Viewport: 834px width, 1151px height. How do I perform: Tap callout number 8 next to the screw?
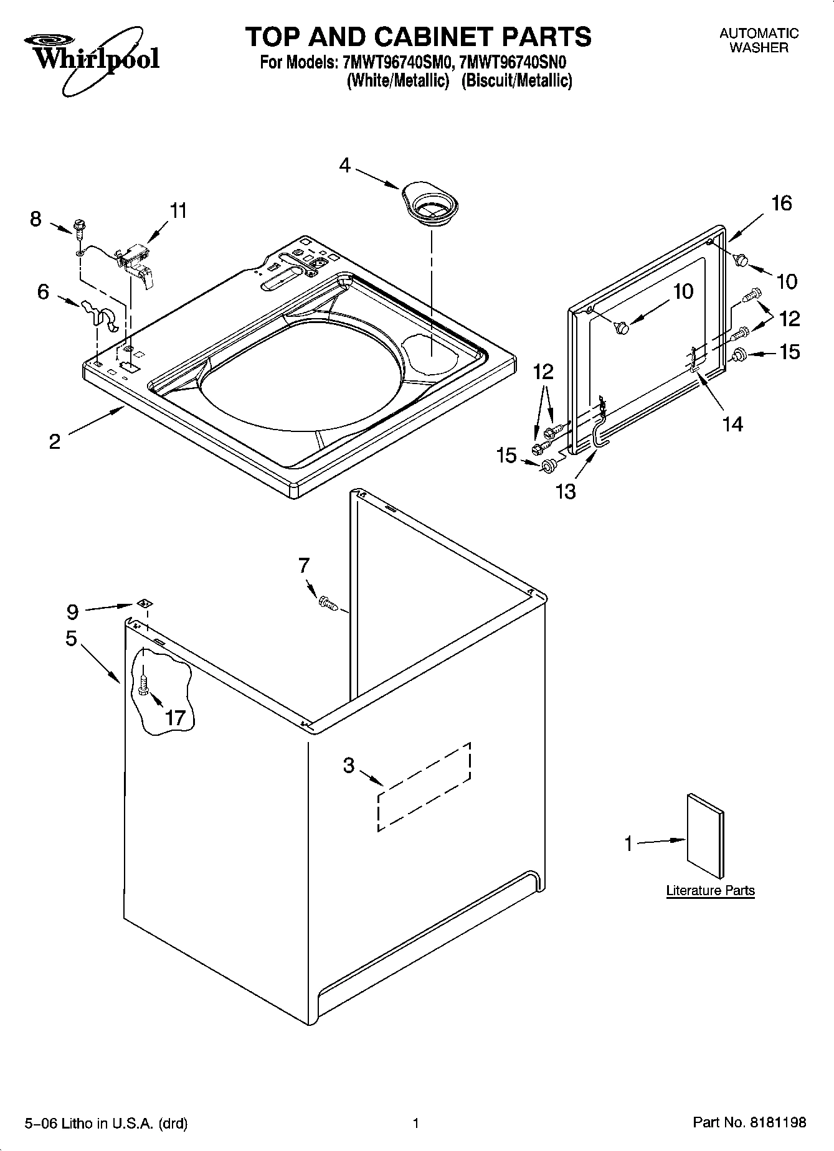tap(36, 218)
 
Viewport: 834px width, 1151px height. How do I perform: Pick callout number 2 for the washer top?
tap(55, 441)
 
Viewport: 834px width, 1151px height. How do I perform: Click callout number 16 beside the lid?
tap(782, 203)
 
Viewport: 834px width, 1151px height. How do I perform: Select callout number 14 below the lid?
tap(732, 424)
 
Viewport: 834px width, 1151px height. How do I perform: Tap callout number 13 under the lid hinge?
tap(566, 491)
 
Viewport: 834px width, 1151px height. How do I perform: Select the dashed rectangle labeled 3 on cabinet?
tap(424, 786)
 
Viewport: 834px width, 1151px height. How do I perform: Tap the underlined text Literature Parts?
tap(710, 890)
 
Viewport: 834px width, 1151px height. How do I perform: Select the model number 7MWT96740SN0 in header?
tap(512, 63)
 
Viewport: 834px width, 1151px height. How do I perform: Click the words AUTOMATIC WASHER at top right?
tap(759, 40)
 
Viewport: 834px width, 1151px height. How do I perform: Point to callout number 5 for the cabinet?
tap(71, 638)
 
